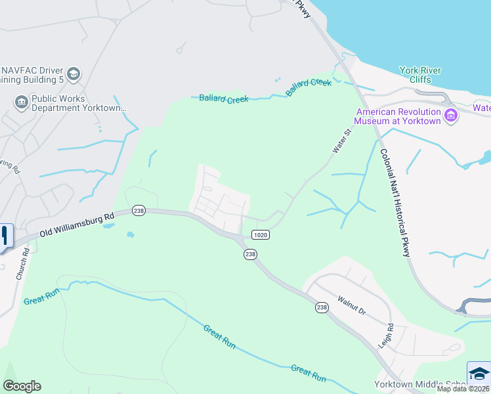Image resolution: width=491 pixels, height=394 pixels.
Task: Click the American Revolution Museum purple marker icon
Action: pyautogui.click(x=451, y=116)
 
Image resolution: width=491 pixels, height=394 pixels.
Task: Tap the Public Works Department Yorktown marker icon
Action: pyautogui.click(x=21, y=102)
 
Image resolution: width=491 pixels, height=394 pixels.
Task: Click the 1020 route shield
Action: pyautogui.click(x=259, y=234)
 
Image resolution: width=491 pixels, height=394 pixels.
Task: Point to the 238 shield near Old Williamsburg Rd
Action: pyautogui.click(x=138, y=210)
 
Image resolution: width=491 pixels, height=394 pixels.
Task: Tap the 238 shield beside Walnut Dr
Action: pyautogui.click(x=321, y=307)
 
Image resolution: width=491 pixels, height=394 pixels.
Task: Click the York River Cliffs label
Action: pyautogui.click(x=421, y=75)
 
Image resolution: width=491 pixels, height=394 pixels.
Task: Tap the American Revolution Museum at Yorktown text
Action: pyautogui.click(x=397, y=116)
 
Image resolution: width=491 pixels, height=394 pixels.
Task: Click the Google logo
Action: pyautogui.click(x=22, y=386)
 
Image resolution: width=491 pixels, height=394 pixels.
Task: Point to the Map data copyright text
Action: pyautogui.click(x=463, y=389)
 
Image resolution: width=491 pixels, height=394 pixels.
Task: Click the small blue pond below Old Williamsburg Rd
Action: pyautogui.click(x=130, y=234)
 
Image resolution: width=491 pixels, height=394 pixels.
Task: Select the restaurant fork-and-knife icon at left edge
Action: pyautogui.click(x=5, y=236)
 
